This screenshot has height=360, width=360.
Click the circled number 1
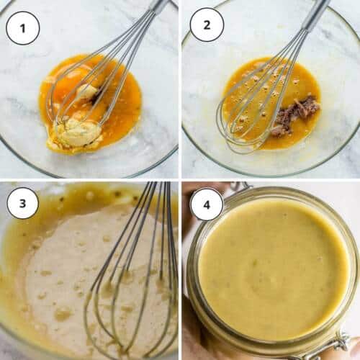[22, 28]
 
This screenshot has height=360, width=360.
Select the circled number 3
[22, 203]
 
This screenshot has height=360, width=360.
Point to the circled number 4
[207, 204]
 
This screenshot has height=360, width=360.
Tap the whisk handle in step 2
[317, 14]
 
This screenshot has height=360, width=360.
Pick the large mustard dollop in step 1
[76, 132]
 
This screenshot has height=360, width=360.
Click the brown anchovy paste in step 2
[297, 115]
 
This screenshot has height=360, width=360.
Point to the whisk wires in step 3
[133, 288]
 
